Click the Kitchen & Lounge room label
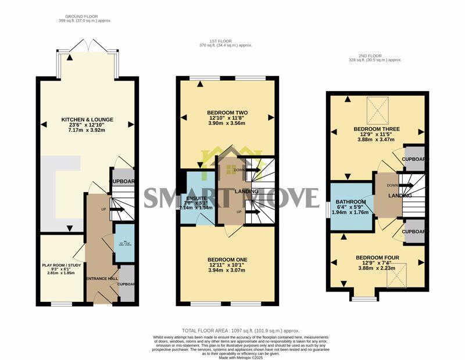pyautogui.click(x=87, y=120)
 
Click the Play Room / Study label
pyautogui.click(x=61, y=265)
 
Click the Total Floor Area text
pyautogui.click(x=233, y=329)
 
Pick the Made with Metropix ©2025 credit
pyautogui.click(x=233, y=357)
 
